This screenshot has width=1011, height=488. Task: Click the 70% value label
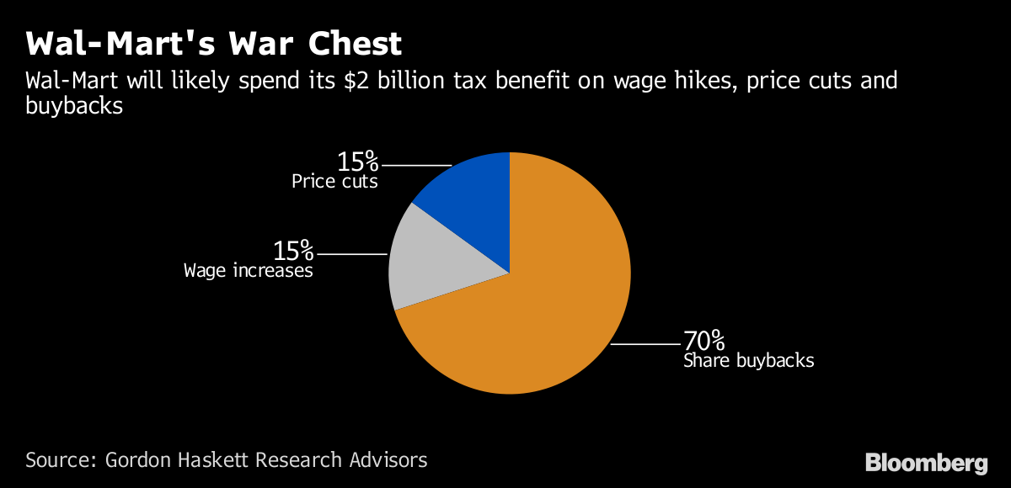click(x=703, y=341)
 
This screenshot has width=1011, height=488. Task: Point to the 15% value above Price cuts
click(x=357, y=161)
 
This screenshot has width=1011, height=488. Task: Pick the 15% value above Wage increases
click(x=292, y=251)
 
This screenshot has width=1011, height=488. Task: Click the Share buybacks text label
click(x=748, y=361)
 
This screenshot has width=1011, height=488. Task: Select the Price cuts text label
click(x=334, y=181)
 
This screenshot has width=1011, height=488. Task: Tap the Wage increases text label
click(x=249, y=271)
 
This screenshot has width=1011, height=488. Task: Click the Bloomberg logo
click(x=926, y=463)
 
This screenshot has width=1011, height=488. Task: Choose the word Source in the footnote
click(x=59, y=460)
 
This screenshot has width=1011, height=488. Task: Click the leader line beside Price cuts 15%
click(x=417, y=164)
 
